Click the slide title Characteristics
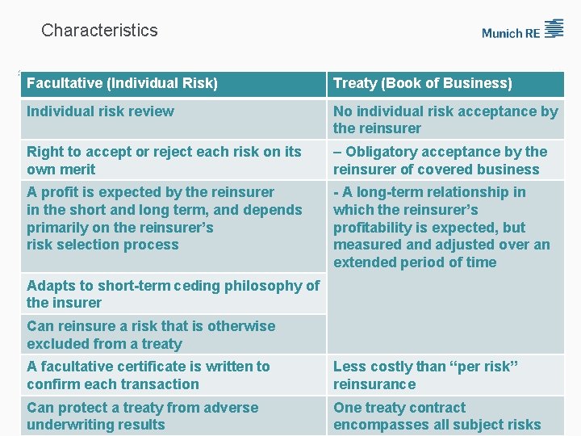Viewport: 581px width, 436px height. point(99,31)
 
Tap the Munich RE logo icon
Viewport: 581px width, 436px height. point(554,29)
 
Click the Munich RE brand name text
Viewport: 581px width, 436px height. point(510,33)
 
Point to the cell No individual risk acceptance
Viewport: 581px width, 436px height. point(445,119)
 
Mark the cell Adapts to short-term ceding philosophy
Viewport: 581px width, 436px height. point(173,294)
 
